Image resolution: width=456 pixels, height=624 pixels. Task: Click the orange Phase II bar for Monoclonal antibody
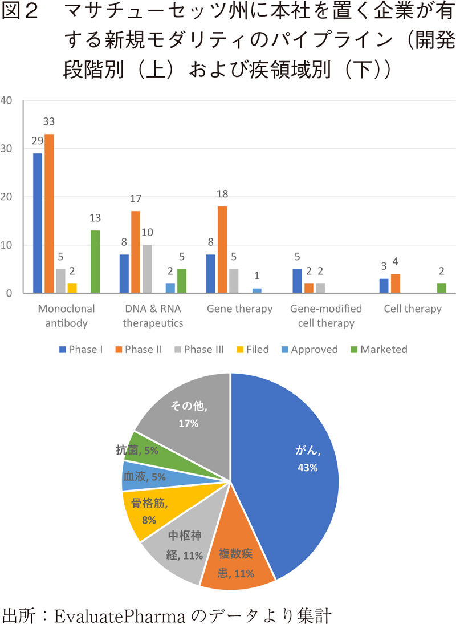coord(49,214)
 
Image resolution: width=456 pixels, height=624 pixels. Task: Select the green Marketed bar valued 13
coord(95,262)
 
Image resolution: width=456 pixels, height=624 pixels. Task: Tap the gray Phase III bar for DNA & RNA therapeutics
coord(146,269)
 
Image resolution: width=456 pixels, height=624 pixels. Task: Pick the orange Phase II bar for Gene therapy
coord(222,250)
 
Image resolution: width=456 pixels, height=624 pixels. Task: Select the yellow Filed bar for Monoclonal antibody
coord(72,289)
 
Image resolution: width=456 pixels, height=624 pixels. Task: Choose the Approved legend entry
coord(308,350)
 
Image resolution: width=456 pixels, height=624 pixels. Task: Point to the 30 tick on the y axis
coord(6,149)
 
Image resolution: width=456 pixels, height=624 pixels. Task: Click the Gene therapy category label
coord(239,309)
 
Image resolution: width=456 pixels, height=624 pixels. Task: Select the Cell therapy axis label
coord(413,309)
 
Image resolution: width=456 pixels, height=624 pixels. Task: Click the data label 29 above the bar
coord(38,141)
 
